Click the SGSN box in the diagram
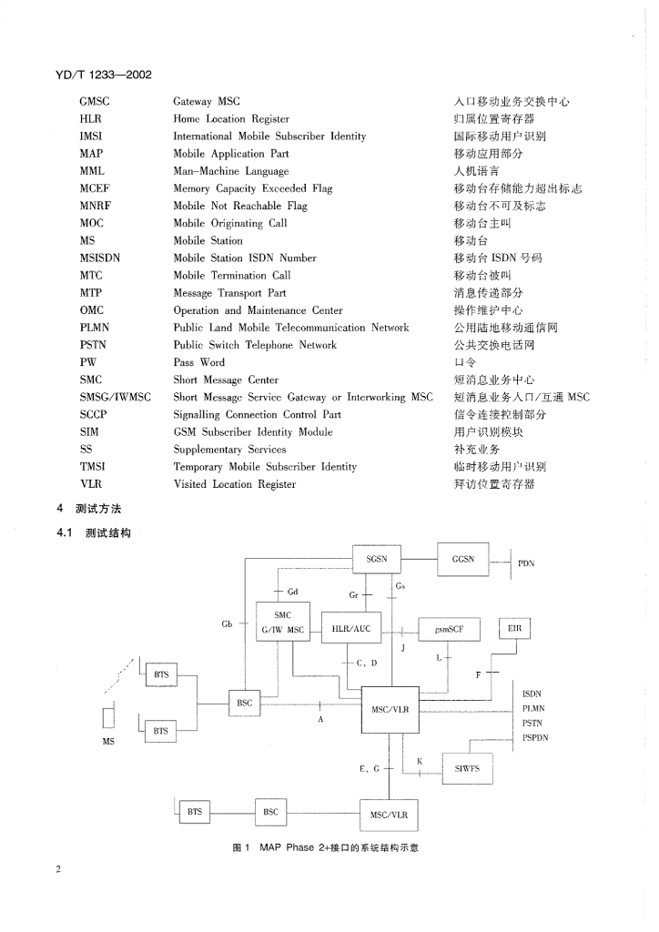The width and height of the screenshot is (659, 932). click(376, 560)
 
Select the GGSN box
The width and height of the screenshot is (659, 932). click(463, 560)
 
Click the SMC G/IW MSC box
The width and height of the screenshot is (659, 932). click(283, 623)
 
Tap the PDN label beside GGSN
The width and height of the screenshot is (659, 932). click(526, 563)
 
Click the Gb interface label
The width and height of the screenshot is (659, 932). click(227, 624)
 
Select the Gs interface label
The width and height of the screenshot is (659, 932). click(400, 585)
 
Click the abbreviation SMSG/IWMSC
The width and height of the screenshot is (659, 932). click(115, 397)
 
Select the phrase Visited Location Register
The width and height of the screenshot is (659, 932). click(234, 484)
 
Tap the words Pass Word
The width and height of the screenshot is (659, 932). click(198, 362)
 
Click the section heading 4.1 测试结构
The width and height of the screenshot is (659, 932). click(94, 532)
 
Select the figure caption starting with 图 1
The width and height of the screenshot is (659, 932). click(325, 847)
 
